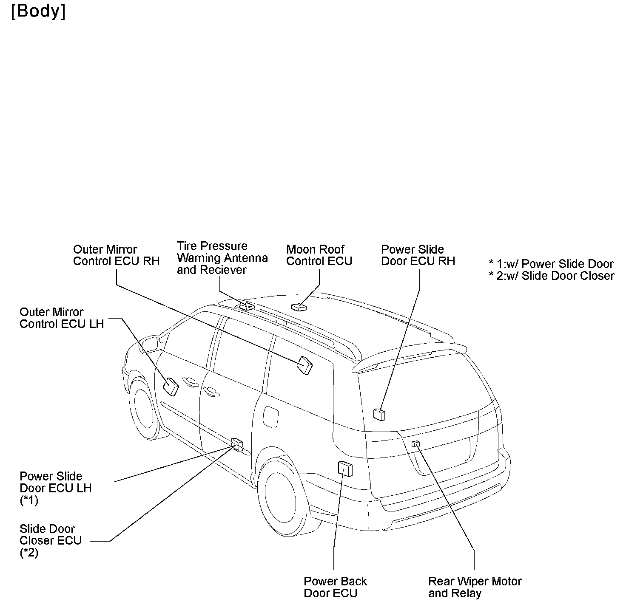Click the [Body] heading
click(x=38, y=11)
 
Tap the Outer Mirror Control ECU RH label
click(x=116, y=255)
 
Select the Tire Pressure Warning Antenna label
click(x=222, y=258)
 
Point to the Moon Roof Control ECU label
click(x=319, y=255)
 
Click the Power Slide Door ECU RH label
click(x=418, y=255)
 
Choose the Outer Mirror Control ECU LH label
click(x=62, y=318)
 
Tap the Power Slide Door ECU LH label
click(x=55, y=488)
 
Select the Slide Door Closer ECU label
click(x=50, y=540)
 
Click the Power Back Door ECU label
click(x=335, y=587)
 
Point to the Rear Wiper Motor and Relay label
click(x=475, y=587)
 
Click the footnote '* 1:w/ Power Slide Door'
click(x=551, y=264)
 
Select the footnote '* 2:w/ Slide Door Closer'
click(x=551, y=276)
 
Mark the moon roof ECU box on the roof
click(x=299, y=307)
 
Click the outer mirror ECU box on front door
click(x=171, y=386)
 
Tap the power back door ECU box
click(x=345, y=469)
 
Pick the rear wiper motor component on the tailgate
click(x=415, y=444)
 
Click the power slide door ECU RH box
click(x=379, y=414)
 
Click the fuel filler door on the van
click(x=270, y=417)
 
